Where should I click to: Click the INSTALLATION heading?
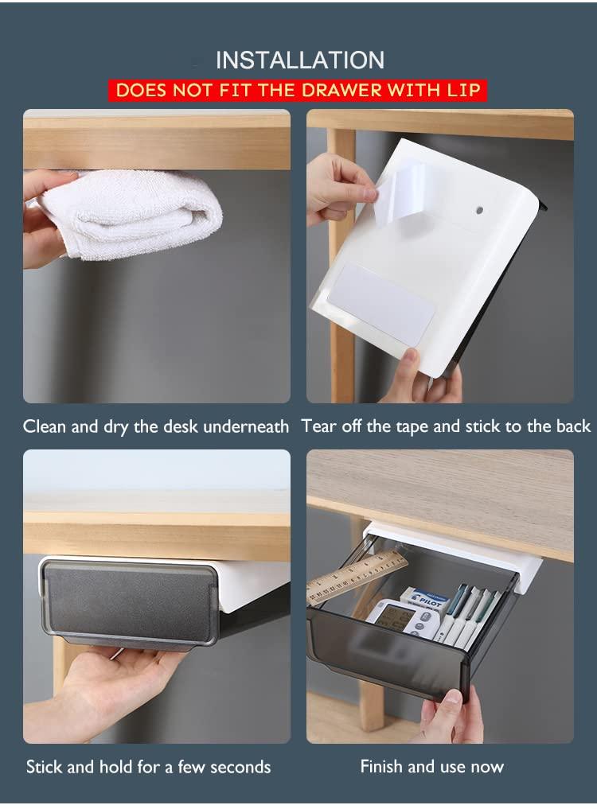click(x=300, y=60)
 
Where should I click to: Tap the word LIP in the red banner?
click(x=464, y=91)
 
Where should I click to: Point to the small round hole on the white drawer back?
click(x=479, y=211)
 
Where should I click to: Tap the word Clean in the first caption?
click(x=45, y=426)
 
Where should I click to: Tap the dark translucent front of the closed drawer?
click(x=129, y=605)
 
